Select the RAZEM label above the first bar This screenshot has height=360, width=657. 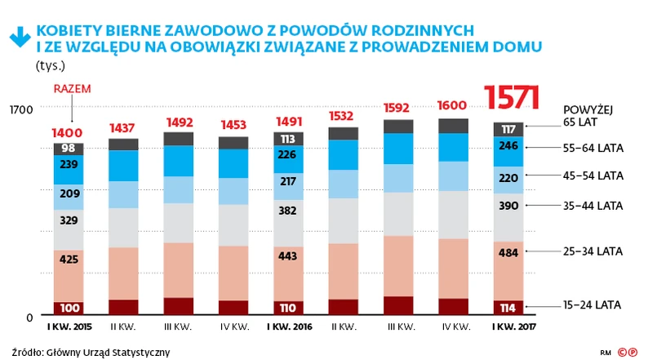coord(71,90)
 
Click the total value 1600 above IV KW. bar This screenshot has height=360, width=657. coord(454,106)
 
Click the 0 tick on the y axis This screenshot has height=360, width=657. coord(28,317)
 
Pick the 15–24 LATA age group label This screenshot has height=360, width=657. coord(593,304)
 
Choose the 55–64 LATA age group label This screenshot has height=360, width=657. coord(593,148)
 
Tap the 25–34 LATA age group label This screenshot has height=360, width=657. coord(593,251)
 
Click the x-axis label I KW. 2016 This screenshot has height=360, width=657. coord(289,328)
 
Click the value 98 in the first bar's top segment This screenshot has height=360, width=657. coord(69,149)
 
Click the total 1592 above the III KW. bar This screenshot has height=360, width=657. coord(398,107)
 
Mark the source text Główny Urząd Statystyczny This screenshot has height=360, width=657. coord(102,352)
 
